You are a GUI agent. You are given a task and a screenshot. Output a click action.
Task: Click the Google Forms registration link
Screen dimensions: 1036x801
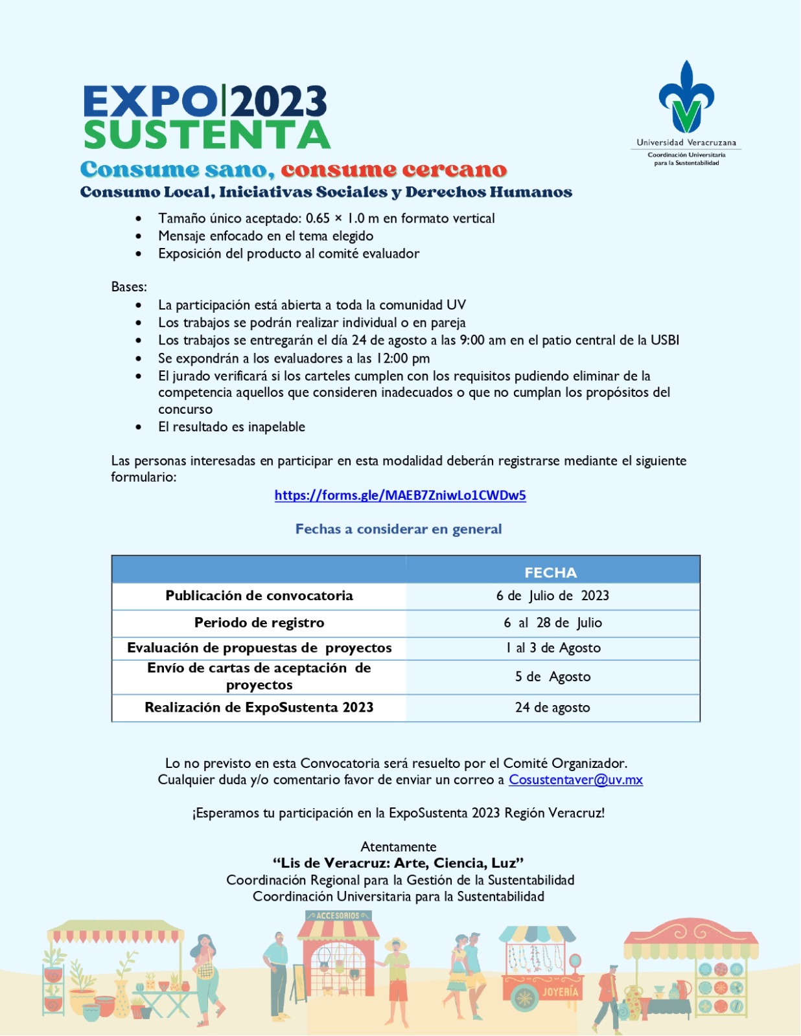pyautogui.click(x=400, y=495)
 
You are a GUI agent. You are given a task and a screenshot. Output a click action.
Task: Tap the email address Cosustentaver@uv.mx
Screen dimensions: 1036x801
pyautogui.click(x=575, y=780)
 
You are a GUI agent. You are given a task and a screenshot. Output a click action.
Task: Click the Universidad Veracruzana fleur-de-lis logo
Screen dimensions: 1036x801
pyautogui.click(x=686, y=96)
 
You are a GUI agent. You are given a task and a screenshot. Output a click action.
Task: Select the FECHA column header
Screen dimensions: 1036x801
pyautogui.click(x=550, y=572)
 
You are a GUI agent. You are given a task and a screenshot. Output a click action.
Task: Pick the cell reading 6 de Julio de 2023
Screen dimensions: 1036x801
pyautogui.click(x=552, y=596)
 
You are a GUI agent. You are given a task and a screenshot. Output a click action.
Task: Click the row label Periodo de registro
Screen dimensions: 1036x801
pyautogui.click(x=259, y=623)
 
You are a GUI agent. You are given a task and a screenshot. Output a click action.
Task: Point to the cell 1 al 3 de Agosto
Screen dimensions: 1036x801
pyautogui.click(x=553, y=648)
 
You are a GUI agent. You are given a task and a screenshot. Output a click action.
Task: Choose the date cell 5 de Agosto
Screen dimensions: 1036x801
pyautogui.click(x=552, y=677)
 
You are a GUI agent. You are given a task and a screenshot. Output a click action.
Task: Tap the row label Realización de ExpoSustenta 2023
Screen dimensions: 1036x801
pyautogui.click(x=259, y=708)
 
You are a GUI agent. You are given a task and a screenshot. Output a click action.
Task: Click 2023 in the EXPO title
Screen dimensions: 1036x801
pyautogui.click(x=279, y=102)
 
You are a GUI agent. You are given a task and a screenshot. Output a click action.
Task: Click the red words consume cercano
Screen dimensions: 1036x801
pyautogui.click(x=393, y=170)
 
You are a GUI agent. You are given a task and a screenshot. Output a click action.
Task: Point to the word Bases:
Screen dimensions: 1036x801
pyautogui.click(x=129, y=287)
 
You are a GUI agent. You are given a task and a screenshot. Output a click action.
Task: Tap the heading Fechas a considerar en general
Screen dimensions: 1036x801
pyautogui.click(x=399, y=529)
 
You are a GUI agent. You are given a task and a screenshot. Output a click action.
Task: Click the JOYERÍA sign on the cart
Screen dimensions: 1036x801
pyautogui.click(x=560, y=992)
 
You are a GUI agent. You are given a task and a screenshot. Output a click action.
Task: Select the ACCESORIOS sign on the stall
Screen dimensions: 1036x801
pyautogui.click(x=338, y=916)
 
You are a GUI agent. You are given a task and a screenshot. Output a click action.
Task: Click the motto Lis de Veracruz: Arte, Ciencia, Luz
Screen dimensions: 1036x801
pyautogui.click(x=398, y=863)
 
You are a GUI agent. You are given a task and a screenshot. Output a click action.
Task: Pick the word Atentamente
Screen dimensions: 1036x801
pyautogui.click(x=398, y=847)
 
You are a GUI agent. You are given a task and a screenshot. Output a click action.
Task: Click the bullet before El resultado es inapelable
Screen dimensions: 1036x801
pyautogui.click(x=139, y=427)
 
